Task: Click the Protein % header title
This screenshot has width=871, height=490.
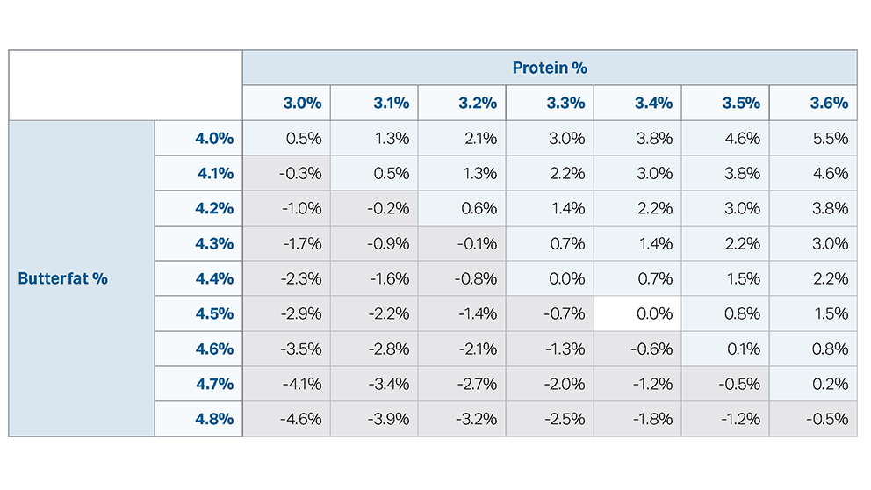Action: (550, 68)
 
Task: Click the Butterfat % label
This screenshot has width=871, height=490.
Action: (62, 278)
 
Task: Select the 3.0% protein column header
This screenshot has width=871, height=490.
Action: (302, 103)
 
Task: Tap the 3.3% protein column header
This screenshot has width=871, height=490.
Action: (565, 103)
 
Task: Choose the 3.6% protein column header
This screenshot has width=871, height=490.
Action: (829, 103)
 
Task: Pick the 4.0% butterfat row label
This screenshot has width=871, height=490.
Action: (214, 138)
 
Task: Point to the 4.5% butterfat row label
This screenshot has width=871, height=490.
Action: (214, 313)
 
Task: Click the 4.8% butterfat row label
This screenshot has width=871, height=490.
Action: (214, 419)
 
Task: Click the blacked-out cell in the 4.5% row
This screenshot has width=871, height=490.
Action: (638, 313)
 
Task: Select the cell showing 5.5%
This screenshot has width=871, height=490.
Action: (830, 138)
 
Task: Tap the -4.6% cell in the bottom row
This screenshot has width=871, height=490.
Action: (300, 419)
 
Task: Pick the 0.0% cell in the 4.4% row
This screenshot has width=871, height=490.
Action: (566, 278)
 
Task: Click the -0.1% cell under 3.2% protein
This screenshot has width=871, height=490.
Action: (477, 243)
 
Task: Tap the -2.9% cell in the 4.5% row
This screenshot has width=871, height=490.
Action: (300, 313)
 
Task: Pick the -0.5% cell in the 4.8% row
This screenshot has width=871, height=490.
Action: (828, 419)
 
